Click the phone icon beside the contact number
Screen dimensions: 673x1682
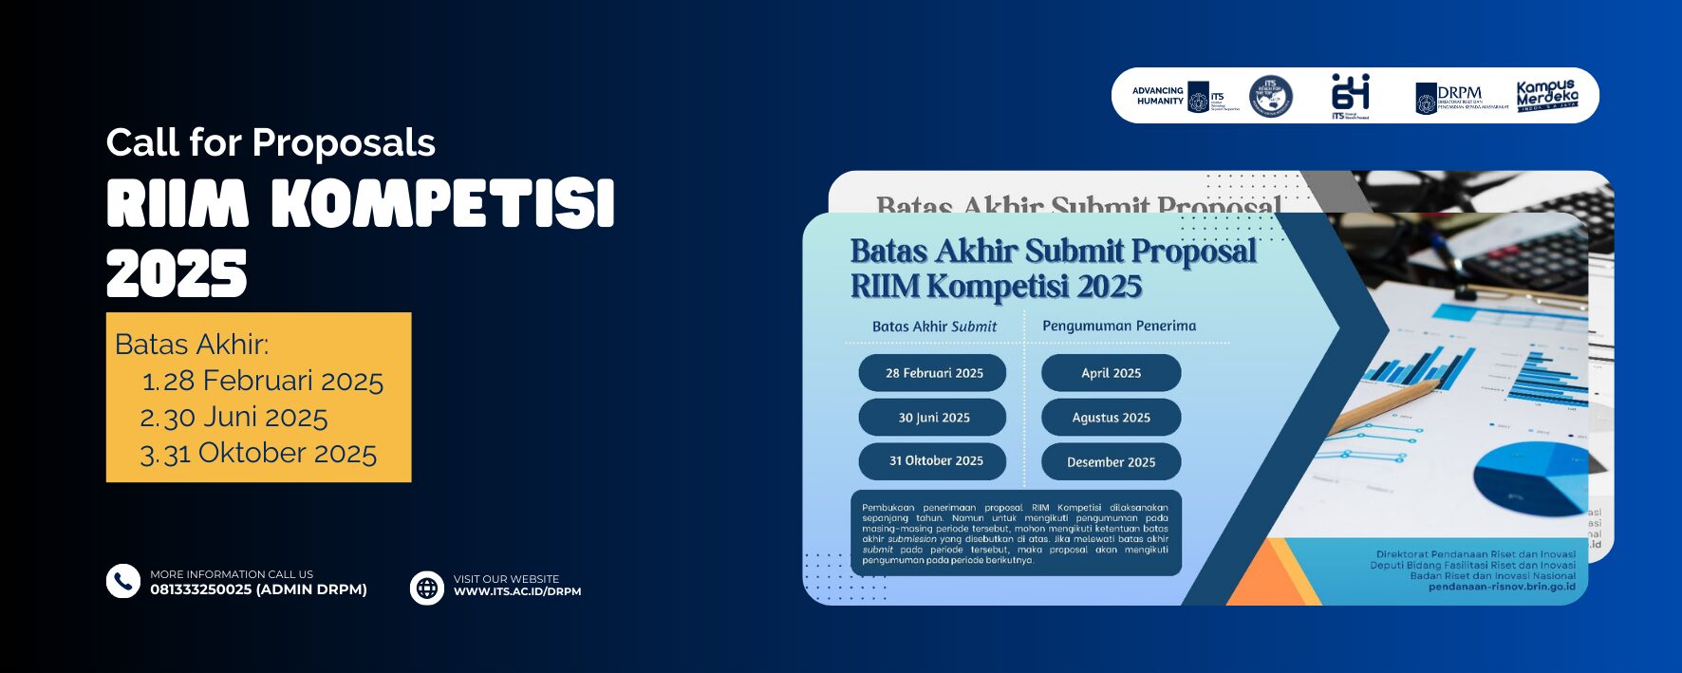(x=123, y=581)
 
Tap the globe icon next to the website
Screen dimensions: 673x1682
(x=427, y=588)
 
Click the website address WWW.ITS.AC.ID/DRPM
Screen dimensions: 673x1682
(x=517, y=591)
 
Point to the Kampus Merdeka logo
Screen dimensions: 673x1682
(x=1546, y=96)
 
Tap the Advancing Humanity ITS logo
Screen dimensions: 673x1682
(x=1185, y=96)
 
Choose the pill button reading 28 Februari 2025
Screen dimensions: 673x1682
(x=933, y=373)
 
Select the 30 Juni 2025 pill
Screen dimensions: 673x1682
(x=933, y=418)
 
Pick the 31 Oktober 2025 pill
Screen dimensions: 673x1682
(x=935, y=461)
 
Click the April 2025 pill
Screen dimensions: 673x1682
(x=1111, y=373)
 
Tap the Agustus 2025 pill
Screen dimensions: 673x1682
(x=1111, y=418)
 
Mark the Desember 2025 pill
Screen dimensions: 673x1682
(x=1111, y=462)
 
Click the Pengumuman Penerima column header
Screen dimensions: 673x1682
(x=1118, y=326)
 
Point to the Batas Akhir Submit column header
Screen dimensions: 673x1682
(x=934, y=327)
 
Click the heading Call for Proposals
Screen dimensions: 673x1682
(x=271, y=142)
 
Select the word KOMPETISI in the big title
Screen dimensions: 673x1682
(x=443, y=204)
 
